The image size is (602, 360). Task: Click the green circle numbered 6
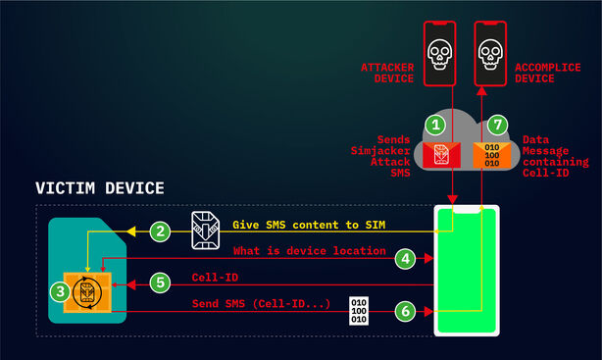[x=407, y=308]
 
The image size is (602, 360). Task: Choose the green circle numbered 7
[x=498, y=126]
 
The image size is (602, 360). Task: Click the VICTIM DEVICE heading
[x=99, y=187]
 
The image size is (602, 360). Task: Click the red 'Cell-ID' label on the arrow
[x=215, y=278]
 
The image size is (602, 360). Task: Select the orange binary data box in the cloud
[x=490, y=154]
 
